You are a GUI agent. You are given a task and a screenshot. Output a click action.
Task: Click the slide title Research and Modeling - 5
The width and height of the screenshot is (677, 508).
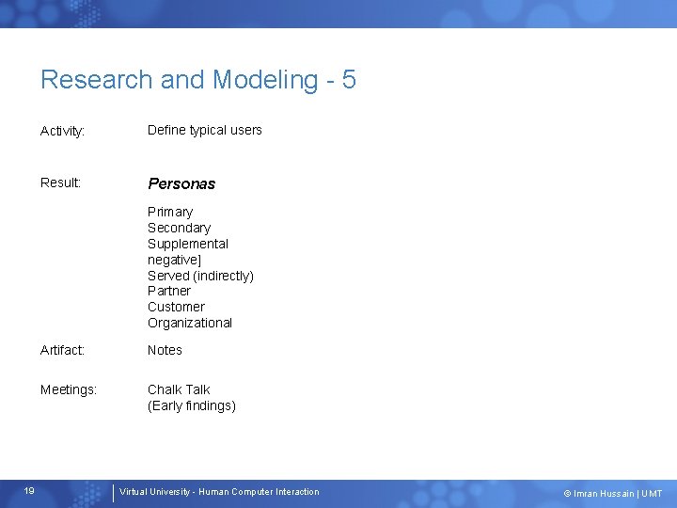197,80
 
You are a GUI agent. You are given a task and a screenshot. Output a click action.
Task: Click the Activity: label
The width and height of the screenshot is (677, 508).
63,131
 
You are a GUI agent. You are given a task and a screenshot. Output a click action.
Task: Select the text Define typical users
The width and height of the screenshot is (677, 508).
204,130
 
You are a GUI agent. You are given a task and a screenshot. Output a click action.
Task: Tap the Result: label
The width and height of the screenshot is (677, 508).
61,183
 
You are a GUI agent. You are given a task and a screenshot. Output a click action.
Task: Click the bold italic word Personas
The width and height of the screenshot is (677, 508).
181,183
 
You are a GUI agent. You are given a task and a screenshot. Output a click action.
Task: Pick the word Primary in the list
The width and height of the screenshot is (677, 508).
169,212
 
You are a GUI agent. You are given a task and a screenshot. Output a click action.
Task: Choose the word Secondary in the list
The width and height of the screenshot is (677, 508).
179,228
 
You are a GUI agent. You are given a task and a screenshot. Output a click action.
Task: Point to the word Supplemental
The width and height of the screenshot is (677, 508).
187,244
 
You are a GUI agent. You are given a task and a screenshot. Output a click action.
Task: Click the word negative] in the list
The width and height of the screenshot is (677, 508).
174,260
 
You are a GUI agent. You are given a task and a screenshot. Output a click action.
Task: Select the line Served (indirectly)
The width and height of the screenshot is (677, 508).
200,276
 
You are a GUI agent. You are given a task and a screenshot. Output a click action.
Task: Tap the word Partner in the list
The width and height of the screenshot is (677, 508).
168,291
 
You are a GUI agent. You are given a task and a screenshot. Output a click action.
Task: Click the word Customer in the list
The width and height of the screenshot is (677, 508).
175,307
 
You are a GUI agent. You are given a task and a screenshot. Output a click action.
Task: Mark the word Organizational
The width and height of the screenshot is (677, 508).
189,323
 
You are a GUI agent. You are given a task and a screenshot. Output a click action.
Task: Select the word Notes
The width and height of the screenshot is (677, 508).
165,350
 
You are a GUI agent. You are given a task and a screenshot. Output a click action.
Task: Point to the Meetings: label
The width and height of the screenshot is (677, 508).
69,389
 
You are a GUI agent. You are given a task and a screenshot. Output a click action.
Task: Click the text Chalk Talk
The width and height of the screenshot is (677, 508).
179,389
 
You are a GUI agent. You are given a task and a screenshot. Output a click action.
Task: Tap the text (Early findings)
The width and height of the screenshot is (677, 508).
191,405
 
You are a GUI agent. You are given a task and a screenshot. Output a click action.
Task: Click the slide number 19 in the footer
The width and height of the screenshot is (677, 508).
29,491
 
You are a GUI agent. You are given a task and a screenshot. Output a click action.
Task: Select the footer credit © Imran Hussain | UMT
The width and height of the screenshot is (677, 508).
612,493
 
